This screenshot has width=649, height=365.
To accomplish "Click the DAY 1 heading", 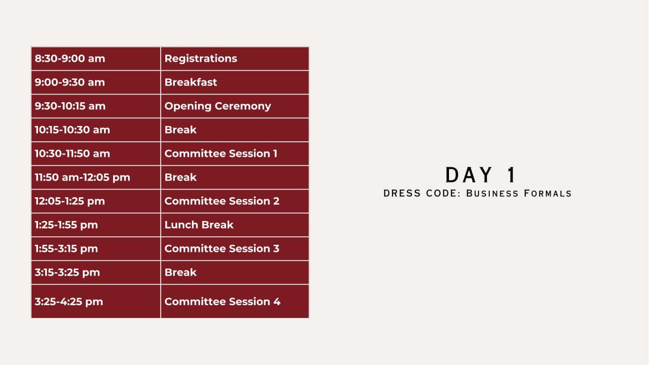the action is [480, 175].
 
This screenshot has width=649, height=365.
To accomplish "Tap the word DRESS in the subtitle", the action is [402, 193].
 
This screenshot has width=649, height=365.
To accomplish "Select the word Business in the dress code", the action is [492, 193].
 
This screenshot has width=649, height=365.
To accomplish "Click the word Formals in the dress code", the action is [548, 193].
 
